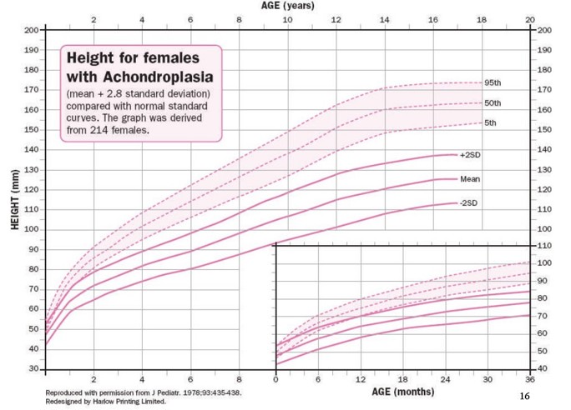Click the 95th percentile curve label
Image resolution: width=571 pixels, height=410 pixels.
pos(493,83)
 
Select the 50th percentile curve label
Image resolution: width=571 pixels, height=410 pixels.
pos(493,103)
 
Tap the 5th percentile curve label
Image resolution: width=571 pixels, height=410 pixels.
pos(491,123)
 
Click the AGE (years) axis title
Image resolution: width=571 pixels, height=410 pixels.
pos(287,6)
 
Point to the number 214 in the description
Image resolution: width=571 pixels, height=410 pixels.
pos(104,131)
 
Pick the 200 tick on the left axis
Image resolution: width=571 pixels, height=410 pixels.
pos(31,30)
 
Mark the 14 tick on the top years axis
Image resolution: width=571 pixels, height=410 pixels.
pos(384,19)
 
